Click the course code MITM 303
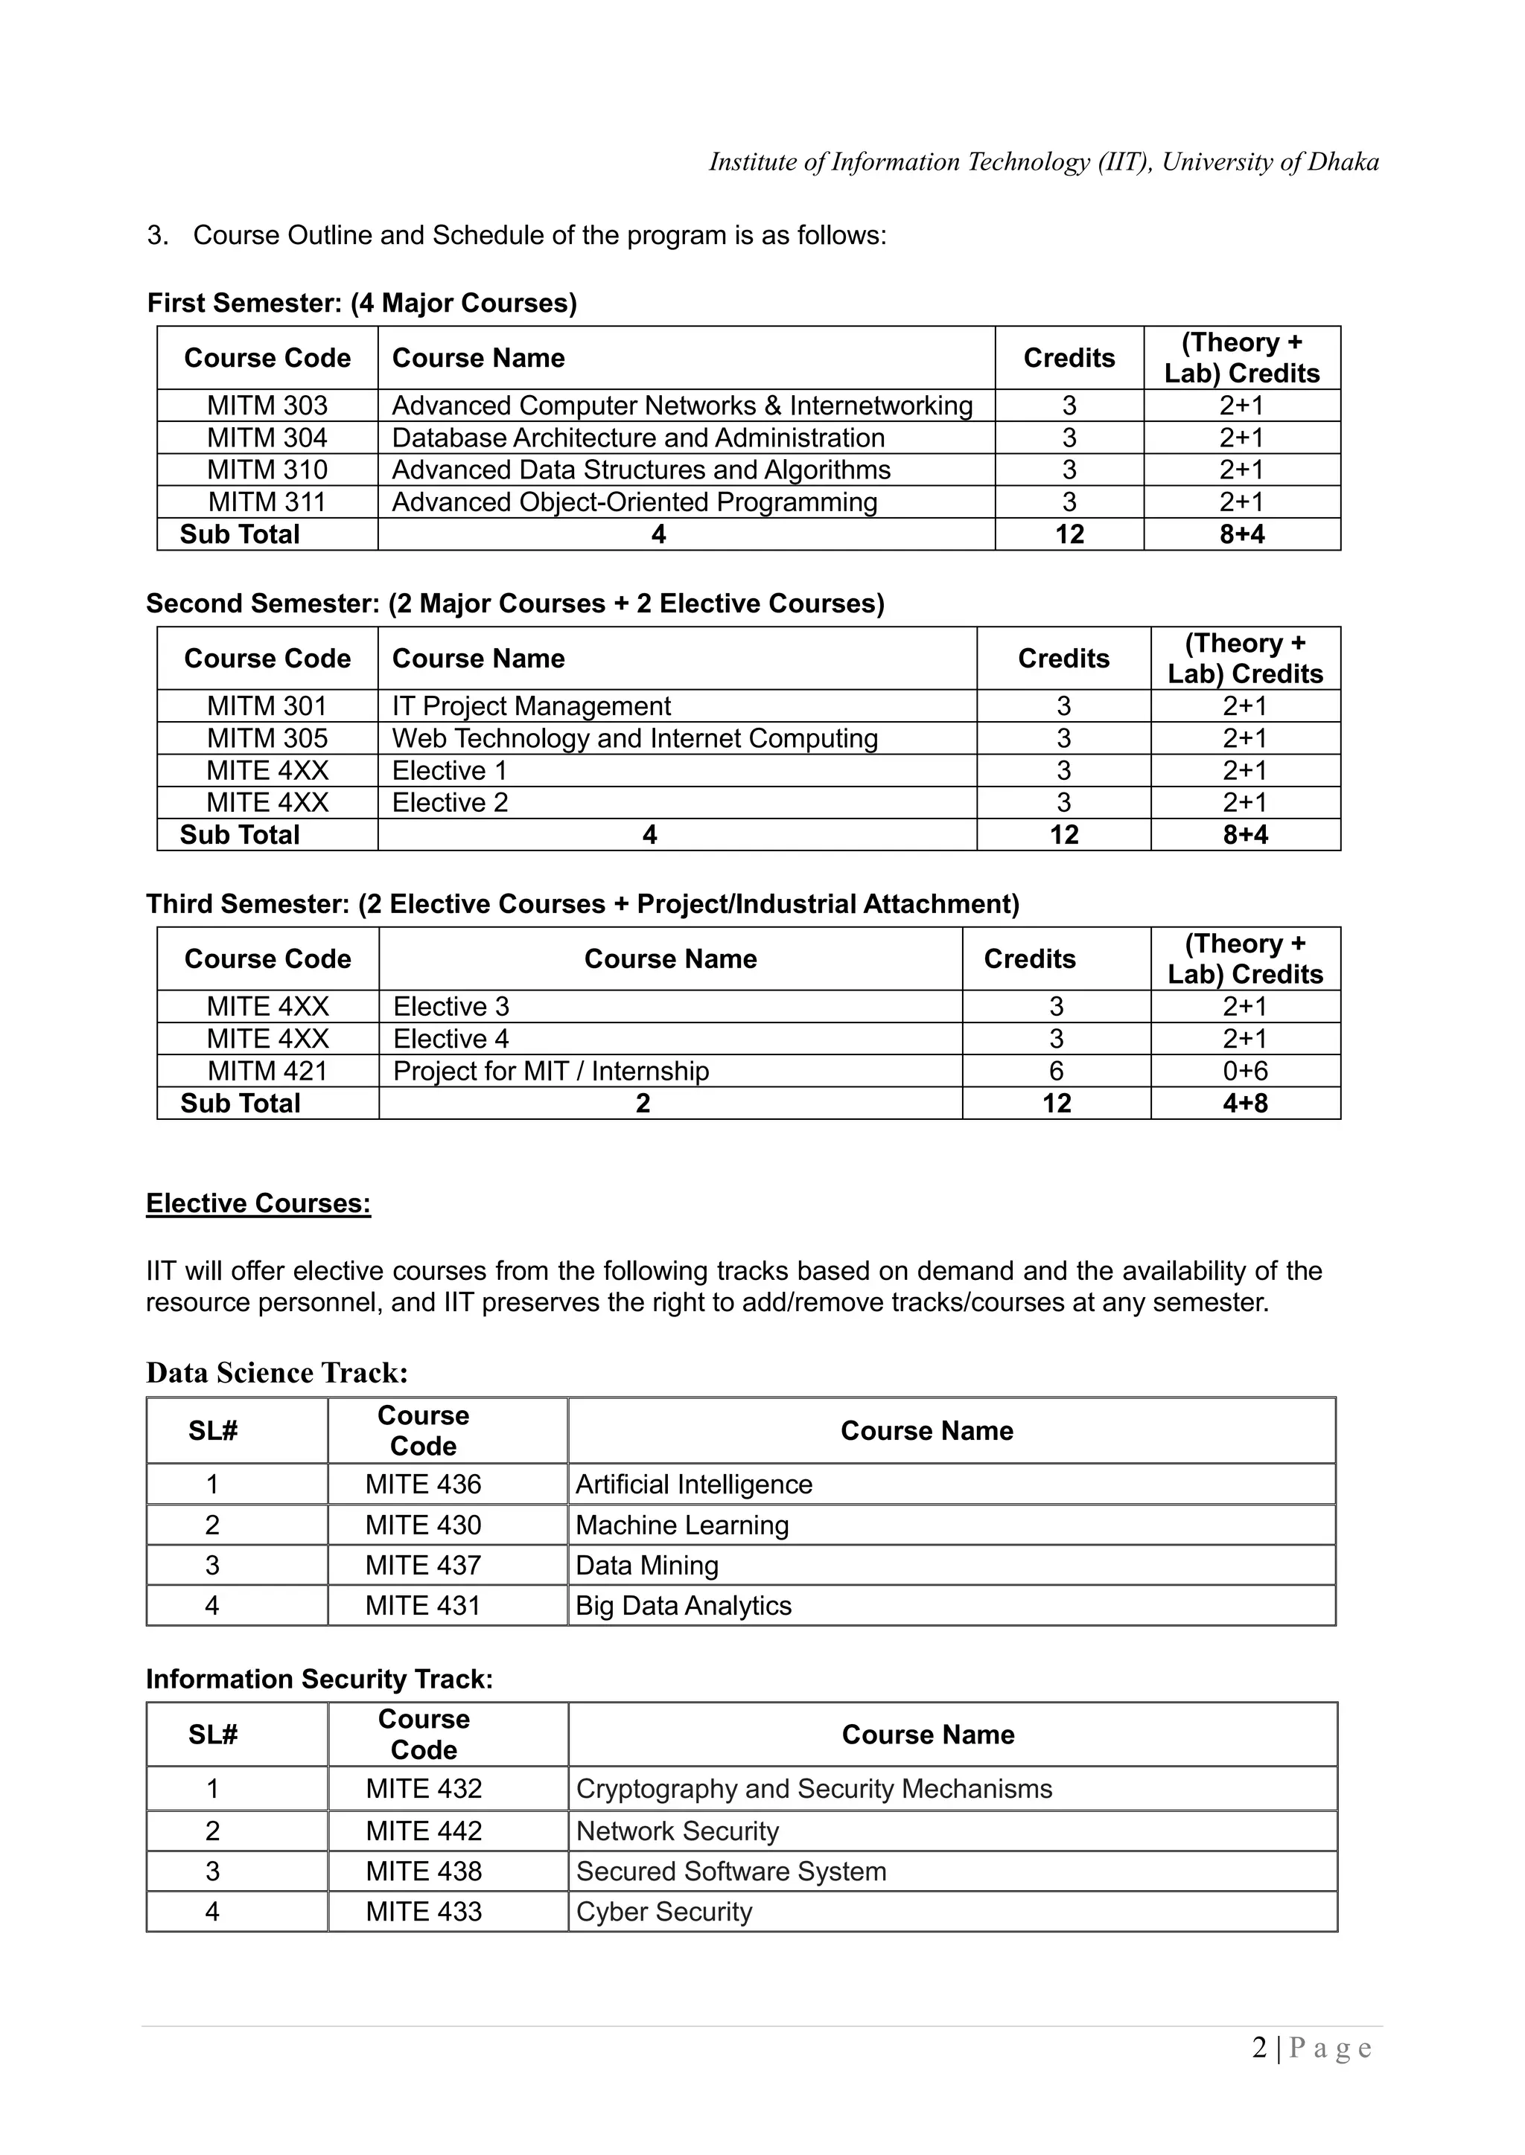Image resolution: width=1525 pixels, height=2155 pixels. coord(267,406)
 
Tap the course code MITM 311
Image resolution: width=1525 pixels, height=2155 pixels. coord(267,502)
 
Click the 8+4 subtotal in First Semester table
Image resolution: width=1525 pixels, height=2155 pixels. coord(1241,534)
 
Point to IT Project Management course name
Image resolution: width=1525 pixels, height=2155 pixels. coord(531,706)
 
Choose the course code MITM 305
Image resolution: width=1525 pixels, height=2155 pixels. coord(267,739)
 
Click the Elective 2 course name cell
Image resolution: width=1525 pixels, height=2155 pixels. coord(450,802)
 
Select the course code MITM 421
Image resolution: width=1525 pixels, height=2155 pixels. coord(267,1071)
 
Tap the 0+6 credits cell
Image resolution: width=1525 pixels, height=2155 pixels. coord(1245,1071)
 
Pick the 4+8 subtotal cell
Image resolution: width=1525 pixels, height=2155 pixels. coord(1245,1103)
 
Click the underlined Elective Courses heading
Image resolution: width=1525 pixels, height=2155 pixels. coord(258,1203)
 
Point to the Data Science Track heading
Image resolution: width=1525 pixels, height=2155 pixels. coord(277,1373)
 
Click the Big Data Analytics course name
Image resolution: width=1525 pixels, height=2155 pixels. coord(683,1606)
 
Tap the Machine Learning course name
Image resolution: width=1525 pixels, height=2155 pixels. coord(682,1525)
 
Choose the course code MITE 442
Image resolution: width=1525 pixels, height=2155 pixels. coord(424,1831)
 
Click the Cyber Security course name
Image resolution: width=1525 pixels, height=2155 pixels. coord(664,1912)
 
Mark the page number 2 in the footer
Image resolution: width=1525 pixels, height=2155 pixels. coord(1259,2048)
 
